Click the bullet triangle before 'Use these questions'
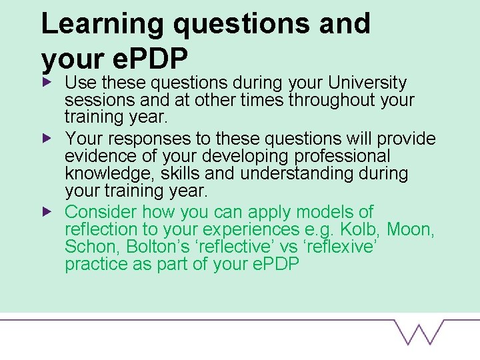pyautogui.click(x=46, y=83)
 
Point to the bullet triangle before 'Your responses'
pyautogui.click(x=46, y=139)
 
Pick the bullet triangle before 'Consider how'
pyautogui.click(x=46, y=212)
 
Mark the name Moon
pyautogui.click(x=410, y=231)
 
